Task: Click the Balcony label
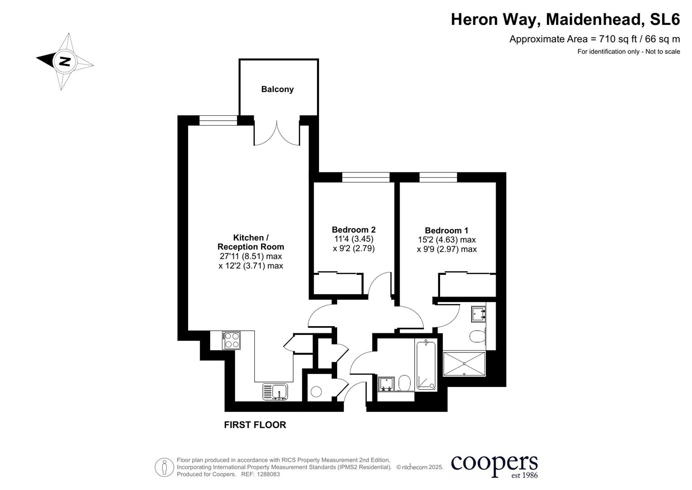pyautogui.click(x=277, y=89)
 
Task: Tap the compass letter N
pyautogui.click(x=65, y=61)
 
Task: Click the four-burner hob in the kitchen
pyautogui.click(x=231, y=340)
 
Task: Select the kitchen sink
pyautogui.click(x=275, y=392)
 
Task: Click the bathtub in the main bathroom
pyautogui.click(x=426, y=366)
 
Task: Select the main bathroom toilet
pyautogui.click(x=404, y=383)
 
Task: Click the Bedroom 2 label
pyautogui.click(x=353, y=230)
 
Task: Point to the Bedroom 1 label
pyautogui.click(x=446, y=230)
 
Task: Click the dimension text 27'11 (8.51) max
pyautogui.click(x=251, y=256)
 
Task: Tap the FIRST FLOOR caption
pyautogui.click(x=255, y=425)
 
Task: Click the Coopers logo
pyautogui.click(x=494, y=465)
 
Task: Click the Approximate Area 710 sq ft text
pyautogui.click(x=594, y=39)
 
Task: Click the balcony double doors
pyautogui.click(x=277, y=133)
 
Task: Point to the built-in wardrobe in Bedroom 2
pyautogui.click(x=338, y=284)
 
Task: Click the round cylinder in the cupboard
pyautogui.click(x=316, y=391)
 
